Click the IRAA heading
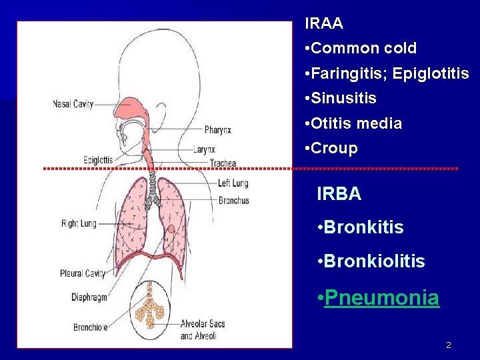tap(324, 24)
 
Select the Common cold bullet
tap(363, 49)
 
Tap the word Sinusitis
tap(343, 99)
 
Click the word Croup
tap(334, 149)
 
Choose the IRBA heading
tap(339, 194)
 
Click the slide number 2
tap(449, 345)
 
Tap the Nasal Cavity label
tap(73, 104)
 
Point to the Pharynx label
tap(218, 130)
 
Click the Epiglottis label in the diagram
tap(98, 160)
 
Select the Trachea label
tap(223, 163)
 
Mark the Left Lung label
tap(233, 183)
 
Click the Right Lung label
tap(79, 223)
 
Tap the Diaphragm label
tap(89, 297)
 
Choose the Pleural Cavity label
tap(83, 273)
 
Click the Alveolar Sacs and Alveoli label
tap(203, 329)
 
